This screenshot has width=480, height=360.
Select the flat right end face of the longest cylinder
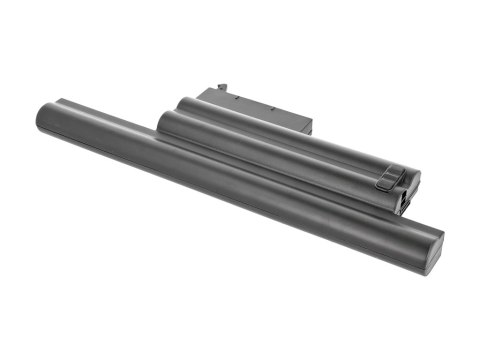[433, 247]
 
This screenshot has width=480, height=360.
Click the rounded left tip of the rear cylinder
[183, 102]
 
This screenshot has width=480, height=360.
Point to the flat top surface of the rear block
[255, 98]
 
